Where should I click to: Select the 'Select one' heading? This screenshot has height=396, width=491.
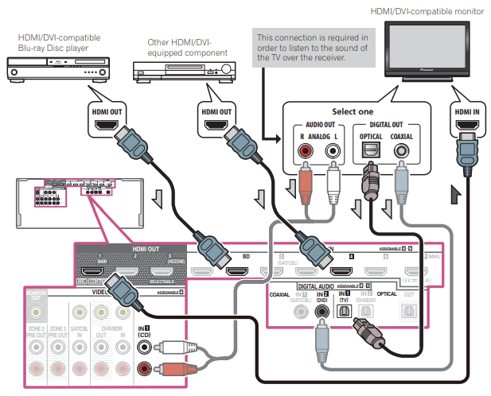click(x=352, y=111)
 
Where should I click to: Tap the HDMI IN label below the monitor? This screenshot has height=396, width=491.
click(x=466, y=112)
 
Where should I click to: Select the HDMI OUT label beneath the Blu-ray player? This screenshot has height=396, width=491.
click(x=107, y=112)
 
